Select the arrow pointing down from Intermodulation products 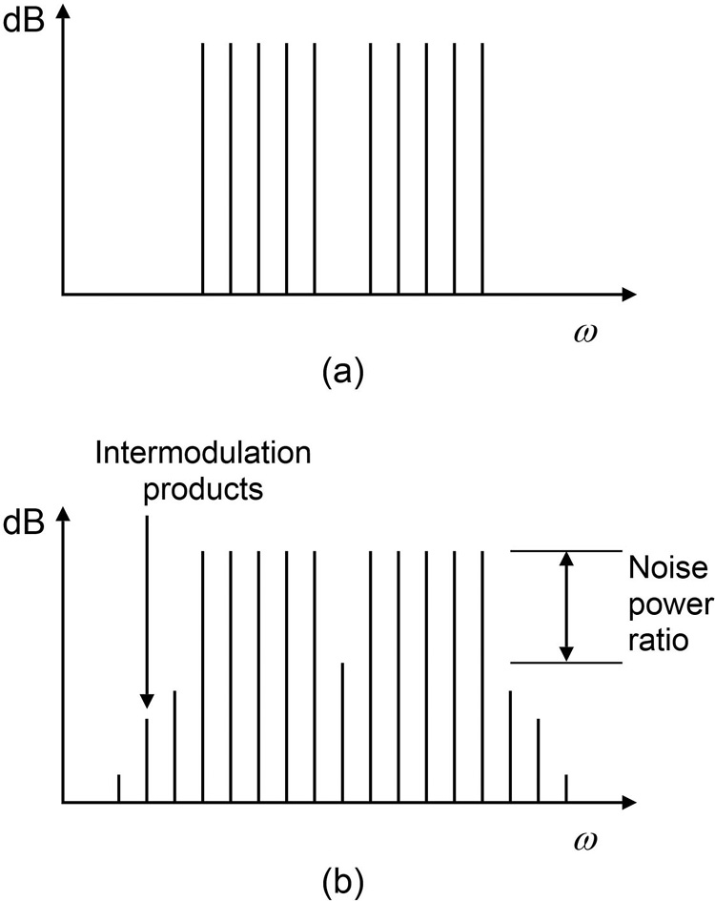tap(147, 610)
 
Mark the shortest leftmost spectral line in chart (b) tap(118, 788)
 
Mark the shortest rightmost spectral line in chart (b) tap(567, 788)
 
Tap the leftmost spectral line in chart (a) tap(203, 168)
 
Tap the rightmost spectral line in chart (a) tap(484, 168)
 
